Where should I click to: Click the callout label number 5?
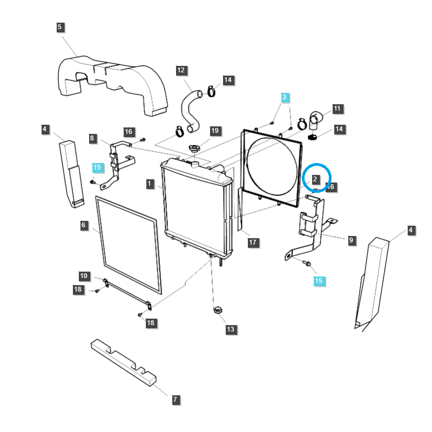pos(59,26)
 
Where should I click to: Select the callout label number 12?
pos(181,70)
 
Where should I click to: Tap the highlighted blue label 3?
pos(285,97)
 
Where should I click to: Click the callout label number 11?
pos(337,109)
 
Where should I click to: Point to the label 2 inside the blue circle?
pos(316,178)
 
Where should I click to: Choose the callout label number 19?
pos(215,131)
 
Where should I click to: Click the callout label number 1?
pos(149,184)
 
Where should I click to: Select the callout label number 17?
pos(253,242)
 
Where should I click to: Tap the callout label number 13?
pos(231,329)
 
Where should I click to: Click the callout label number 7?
pos(175,400)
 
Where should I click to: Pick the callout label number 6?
pos(84,225)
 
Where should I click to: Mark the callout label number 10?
pos(84,276)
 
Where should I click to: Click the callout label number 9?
pos(352,240)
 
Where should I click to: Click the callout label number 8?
pos(92,138)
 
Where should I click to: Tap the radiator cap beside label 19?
pos(194,147)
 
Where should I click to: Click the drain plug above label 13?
pos(218,310)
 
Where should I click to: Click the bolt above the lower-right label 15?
pos(307,264)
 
